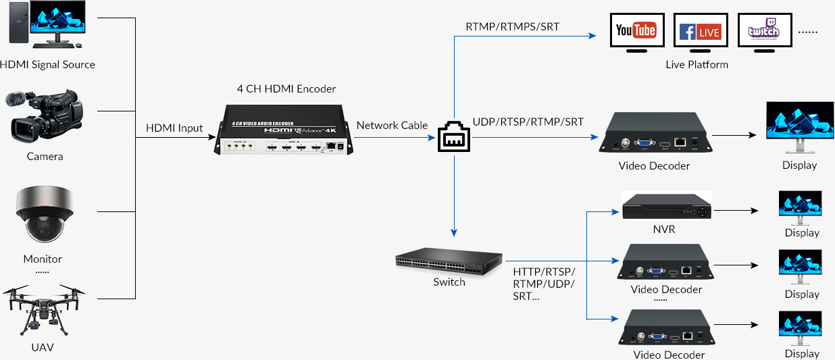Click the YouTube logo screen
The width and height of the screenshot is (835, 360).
click(x=636, y=31)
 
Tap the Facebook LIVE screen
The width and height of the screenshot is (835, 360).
click(x=700, y=31)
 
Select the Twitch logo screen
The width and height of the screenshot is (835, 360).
click(x=763, y=31)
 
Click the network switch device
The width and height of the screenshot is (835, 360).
click(x=449, y=262)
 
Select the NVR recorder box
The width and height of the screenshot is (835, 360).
click(x=666, y=207)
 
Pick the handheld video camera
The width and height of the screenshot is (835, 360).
click(x=46, y=118)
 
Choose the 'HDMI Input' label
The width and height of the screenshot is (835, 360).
click(x=174, y=128)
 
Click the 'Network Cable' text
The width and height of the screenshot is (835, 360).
click(x=392, y=125)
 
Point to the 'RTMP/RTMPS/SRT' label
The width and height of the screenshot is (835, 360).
click(x=513, y=27)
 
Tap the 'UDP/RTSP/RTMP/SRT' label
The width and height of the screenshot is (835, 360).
click(x=528, y=122)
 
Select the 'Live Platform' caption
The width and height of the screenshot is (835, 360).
click(x=697, y=65)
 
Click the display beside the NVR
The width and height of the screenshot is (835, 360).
click(x=801, y=206)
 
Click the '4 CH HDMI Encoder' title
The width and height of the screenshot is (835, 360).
click(x=286, y=88)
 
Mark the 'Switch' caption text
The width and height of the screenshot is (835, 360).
click(x=449, y=282)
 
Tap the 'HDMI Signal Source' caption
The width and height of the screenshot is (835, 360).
click(x=47, y=65)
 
